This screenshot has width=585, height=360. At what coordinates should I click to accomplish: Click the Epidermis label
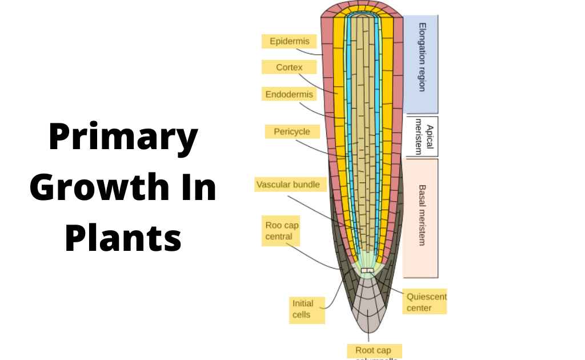pos(289,41)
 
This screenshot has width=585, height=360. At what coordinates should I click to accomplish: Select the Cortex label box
pos(289,67)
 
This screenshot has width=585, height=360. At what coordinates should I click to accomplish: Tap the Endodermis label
pos(289,94)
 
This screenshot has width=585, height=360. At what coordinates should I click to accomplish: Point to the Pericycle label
pos(291,131)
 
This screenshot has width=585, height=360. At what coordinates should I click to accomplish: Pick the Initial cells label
pos(303,309)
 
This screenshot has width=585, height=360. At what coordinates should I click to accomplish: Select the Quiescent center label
pos(426,302)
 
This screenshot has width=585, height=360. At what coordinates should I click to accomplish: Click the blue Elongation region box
pos(421,63)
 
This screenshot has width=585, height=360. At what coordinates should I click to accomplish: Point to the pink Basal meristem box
pos(421,217)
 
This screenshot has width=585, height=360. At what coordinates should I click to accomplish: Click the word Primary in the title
pos(123,138)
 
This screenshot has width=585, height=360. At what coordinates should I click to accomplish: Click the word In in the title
pos(195,188)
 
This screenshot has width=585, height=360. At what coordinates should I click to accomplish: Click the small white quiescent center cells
pos(368,270)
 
